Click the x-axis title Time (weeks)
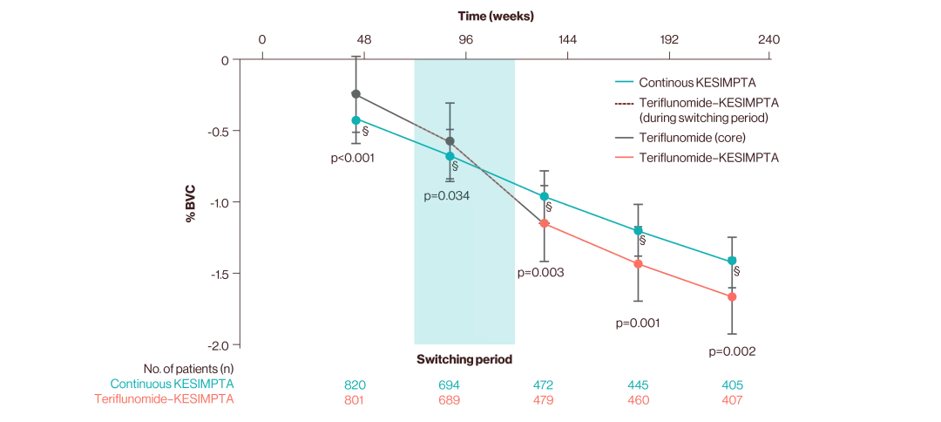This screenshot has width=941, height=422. pos(496,16)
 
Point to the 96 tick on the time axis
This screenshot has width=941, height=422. pos(465,40)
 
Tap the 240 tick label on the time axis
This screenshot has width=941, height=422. pos(768,40)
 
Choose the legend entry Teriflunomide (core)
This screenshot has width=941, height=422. pos(692,138)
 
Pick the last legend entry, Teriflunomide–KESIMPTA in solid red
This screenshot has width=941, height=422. pos(708,158)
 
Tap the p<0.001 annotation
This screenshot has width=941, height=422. pos(354,159)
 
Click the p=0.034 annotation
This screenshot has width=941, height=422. pos(447,196)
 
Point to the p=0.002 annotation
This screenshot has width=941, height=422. pos(732,352)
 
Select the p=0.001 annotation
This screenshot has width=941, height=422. pos(638,323)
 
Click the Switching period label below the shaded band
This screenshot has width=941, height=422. pos(464,359)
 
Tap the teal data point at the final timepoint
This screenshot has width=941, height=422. pos(732,261)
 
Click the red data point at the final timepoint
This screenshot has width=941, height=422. pos(732,297)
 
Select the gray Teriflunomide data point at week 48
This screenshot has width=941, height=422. pos(355,93)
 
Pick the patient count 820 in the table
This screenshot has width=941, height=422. pos(355,385)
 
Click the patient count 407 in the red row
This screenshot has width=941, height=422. pos(731,400)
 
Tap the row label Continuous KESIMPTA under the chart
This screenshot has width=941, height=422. pos(172,384)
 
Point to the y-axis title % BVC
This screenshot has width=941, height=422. pos(190,202)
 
